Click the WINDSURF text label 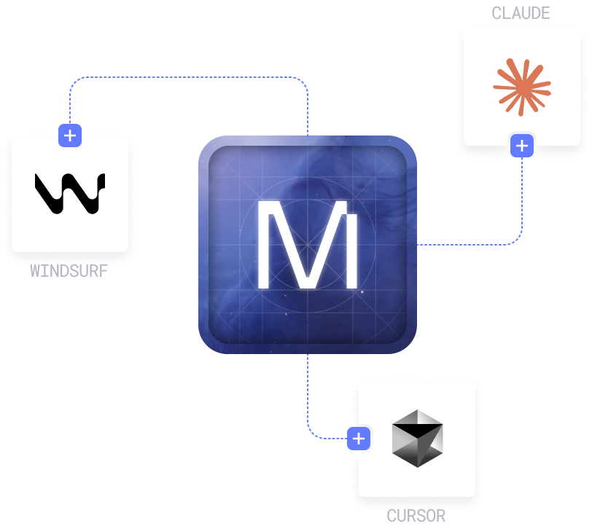69,272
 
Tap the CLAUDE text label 521,13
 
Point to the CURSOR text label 416,517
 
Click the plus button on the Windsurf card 70,135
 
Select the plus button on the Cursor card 359,439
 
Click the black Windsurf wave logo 70,194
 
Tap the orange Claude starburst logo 522,87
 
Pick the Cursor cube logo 417,438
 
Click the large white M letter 307,245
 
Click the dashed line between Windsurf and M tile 190,77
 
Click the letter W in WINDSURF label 35,272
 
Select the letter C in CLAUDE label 496,13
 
